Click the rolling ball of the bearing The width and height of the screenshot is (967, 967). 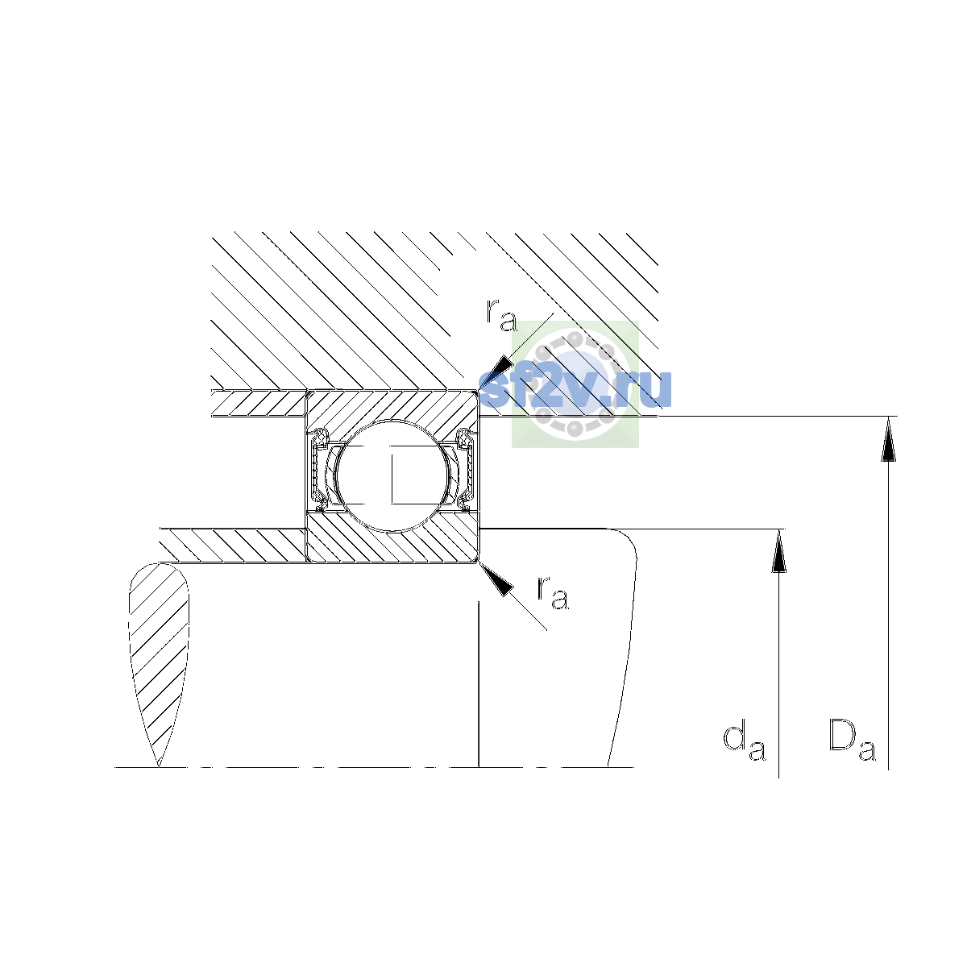(x=393, y=475)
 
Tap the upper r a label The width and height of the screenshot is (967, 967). (x=501, y=315)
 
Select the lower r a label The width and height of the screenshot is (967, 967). (x=553, y=593)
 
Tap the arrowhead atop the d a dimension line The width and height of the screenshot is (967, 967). (x=778, y=551)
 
